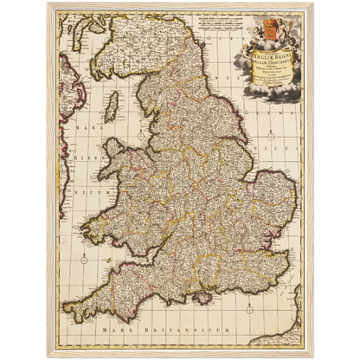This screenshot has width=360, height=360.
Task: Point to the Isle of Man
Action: [x=110, y=110]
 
